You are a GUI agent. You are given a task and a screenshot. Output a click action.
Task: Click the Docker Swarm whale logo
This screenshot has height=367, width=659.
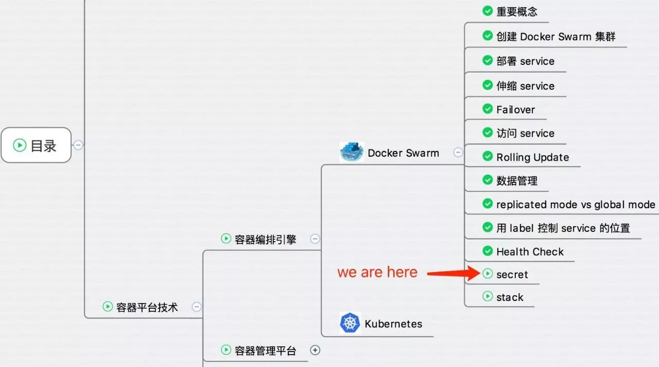(x=352, y=152)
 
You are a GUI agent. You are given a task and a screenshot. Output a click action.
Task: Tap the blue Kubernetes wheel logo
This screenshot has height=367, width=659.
(x=350, y=323)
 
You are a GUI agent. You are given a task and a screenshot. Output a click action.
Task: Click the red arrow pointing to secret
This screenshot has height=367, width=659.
(x=454, y=273)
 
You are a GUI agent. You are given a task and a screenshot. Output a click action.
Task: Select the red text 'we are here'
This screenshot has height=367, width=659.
(x=377, y=272)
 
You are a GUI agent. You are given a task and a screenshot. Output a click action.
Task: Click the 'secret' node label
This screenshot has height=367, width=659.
(x=512, y=275)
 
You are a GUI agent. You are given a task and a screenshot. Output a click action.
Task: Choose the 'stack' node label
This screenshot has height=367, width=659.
(x=510, y=297)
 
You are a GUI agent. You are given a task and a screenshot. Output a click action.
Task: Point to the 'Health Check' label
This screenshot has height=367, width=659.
(x=530, y=252)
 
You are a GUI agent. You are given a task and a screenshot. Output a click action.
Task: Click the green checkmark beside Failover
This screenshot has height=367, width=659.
(x=488, y=109)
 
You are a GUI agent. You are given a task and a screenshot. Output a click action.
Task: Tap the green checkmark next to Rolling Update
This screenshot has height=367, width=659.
(x=488, y=156)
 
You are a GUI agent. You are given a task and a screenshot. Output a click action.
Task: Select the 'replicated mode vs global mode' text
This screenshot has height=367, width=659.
(x=576, y=205)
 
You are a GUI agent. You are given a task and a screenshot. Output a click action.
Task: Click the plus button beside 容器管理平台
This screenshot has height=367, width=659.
(x=315, y=350)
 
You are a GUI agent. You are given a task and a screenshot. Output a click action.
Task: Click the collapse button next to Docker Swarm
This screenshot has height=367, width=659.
(x=458, y=152)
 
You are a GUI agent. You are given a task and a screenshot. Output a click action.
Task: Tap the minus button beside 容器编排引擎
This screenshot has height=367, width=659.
(x=315, y=239)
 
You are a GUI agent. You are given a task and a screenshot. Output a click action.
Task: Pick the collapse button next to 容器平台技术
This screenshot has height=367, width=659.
(x=197, y=307)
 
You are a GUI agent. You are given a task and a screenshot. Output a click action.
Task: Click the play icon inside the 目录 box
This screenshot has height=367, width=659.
(x=20, y=145)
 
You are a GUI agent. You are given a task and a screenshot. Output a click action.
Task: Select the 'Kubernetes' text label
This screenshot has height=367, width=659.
(x=393, y=324)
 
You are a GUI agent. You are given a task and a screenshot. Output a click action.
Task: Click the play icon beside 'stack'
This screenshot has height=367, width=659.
(x=488, y=296)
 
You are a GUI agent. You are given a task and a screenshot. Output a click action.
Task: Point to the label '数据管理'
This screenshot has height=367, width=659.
(x=517, y=180)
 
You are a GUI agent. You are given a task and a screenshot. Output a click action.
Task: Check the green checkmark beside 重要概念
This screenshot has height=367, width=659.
(x=488, y=11)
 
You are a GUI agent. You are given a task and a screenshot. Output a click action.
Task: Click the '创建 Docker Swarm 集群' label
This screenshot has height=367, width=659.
(x=556, y=37)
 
